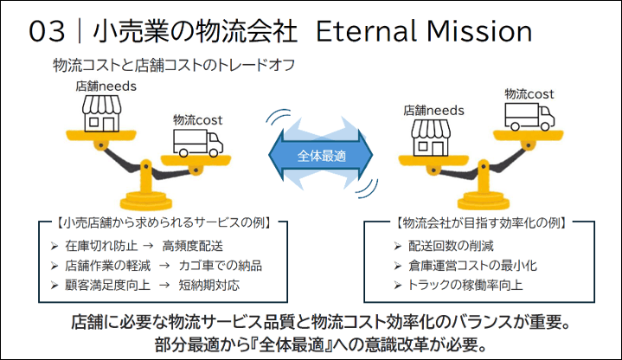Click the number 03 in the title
click(x=47, y=32)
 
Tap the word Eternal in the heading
click(x=366, y=31)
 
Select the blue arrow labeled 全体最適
click(x=321, y=155)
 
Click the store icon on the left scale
click(x=101, y=113)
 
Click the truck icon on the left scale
click(x=197, y=144)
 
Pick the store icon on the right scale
click(x=431, y=138)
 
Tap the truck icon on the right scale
click(x=529, y=117)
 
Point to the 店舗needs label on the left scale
click(x=106, y=87)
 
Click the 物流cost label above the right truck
click(x=529, y=94)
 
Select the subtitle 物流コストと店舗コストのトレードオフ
click(x=174, y=65)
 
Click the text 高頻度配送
click(x=192, y=246)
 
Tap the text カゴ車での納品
click(x=220, y=266)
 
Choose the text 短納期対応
click(x=209, y=285)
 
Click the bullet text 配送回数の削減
click(x=451, y=246)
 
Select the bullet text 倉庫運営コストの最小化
click(x=472, y=266)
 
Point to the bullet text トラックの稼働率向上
click(x=465, y=285)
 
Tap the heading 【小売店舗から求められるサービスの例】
click(x=164, y=222)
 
